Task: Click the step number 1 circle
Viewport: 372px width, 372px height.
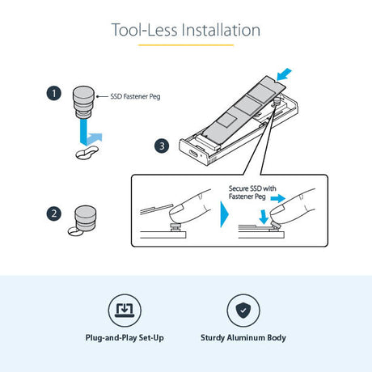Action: point(54,93)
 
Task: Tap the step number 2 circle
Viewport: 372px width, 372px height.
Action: point(54,213)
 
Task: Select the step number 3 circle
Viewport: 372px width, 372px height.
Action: point(162,146)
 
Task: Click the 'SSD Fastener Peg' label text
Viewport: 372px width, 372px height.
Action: point(135,96)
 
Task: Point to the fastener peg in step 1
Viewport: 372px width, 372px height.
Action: point(83,102)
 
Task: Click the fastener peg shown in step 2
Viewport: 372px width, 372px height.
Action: point(85,218)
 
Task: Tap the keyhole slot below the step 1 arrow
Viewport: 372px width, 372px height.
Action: point(87,153)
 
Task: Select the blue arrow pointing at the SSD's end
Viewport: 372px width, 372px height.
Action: point(284,74)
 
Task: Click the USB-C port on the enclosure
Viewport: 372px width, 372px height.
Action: point(195,155)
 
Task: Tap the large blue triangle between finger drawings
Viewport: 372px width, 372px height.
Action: point(224,214)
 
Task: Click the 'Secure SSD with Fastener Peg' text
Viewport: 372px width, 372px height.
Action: point(252,192)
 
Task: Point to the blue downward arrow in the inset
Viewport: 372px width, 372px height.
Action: point(264,218)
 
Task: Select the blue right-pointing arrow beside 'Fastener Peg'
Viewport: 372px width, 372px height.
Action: point(278,199)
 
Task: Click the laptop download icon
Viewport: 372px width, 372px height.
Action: point(125,311)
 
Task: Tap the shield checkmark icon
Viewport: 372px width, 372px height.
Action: point(243,311)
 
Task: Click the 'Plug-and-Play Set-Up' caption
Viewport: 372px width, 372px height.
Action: point(125,338)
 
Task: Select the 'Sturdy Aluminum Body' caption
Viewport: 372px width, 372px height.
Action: point(243,338)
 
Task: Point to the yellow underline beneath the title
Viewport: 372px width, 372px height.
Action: point(186,45)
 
